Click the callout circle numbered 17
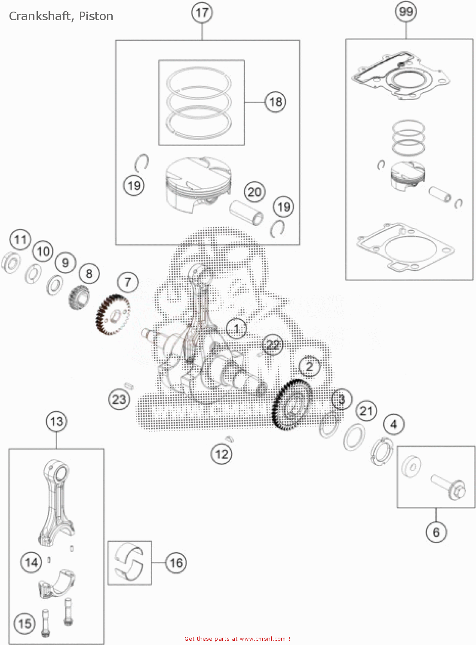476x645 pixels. coord(202,12)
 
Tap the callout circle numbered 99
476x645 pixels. coord(406,12)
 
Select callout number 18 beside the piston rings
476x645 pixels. coord(275,102)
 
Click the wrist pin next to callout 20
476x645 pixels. coord(246,212)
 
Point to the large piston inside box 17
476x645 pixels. coord(198,183)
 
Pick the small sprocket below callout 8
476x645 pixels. coord(79,297)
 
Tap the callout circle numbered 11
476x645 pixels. coord(21,240)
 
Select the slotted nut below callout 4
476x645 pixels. coord(381,451)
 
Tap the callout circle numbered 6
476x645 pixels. coord(436,532)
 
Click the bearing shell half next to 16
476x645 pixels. coord(129,562)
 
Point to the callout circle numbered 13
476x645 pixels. coord(57,421)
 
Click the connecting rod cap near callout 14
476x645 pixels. coord(56,584)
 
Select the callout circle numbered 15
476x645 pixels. coord(25,623)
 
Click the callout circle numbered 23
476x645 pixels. coord(119,399)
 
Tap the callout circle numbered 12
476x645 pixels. coord(221,454)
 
